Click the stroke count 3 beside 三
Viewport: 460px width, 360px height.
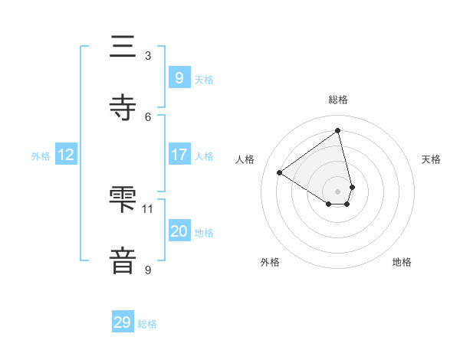coord(148,56)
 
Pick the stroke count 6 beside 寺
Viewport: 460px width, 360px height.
coord(148,116)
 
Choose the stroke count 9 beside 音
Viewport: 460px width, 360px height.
coord(148,270)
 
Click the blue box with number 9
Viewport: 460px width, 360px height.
coord(179,78)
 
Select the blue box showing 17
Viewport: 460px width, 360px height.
coord(179,155)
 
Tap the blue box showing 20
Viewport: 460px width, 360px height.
coord(179,231)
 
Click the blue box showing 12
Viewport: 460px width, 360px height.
coord(65,155)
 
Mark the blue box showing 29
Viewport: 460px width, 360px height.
coord(122,322)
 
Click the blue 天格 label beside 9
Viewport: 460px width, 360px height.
coord(204,80)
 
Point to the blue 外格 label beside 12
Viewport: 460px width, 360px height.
coord(41,156)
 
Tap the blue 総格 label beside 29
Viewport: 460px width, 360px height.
coord(147,324)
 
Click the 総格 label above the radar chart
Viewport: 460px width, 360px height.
coord(338,100)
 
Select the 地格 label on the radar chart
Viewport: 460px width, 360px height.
coord(402,262)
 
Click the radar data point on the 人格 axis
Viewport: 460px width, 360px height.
coord(280,172)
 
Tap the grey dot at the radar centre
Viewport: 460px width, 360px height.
coord(338,191)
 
